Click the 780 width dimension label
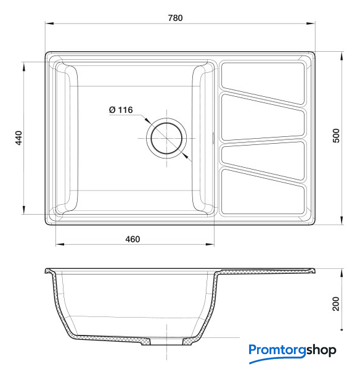tap(175, 18)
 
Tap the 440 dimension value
tap(18, 138)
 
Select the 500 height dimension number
tap(336, 136)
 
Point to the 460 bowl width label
tap(133, 239)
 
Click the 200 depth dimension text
tap(336, 303)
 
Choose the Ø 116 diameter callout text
tap(121, 110)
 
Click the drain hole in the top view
tap(166, 138)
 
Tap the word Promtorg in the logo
tap(277, 350)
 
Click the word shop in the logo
tap(321, 350)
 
